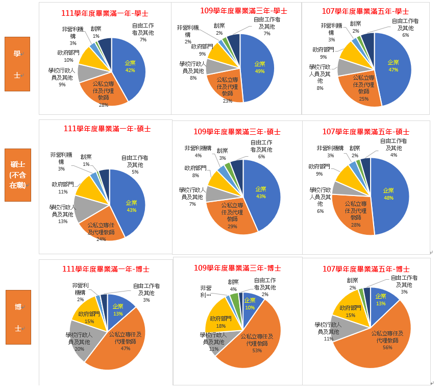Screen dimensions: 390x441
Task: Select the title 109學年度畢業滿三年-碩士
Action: coord(237,132)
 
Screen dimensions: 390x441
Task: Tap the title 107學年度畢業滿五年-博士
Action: coord(366,269)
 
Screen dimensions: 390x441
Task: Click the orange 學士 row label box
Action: coord(17,64)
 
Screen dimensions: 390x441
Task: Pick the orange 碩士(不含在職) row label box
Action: coord(17,175)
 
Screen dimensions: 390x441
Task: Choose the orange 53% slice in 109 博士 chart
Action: coord(255,342)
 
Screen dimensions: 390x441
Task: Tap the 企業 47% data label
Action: coord(393,66)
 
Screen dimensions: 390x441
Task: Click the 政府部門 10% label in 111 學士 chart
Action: coord(68,56)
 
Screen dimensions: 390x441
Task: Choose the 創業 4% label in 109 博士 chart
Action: coord(233,285)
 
